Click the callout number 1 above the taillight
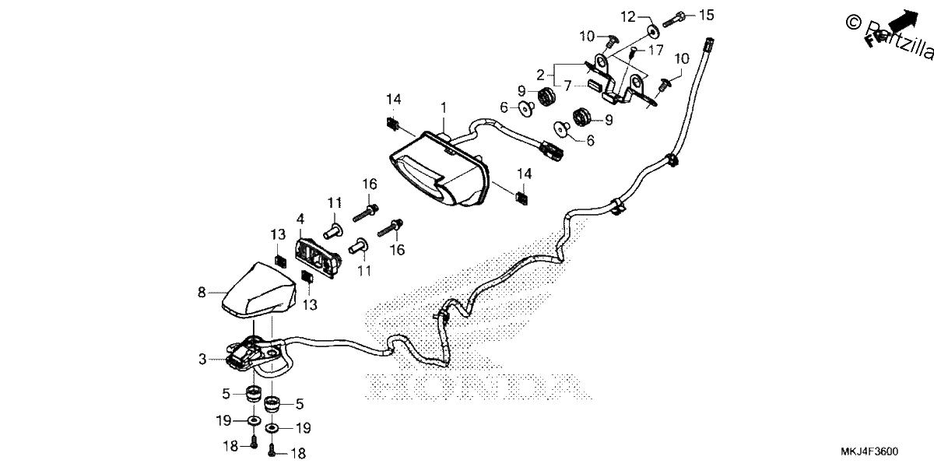tap(444, 108)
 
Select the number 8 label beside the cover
tap(202, 293)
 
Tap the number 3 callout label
tap(202, 359)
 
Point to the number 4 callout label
tap(300, 219)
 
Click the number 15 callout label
tap(706, 16)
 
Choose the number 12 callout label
tap(628, 17)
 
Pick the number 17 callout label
tap(655, 50)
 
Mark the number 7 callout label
tap(568, 86)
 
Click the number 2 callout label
tap(541, 75)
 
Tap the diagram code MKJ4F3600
tap(869, 451)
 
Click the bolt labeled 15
tap(674, 19)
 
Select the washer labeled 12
tap(652, 32)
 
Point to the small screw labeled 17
tap(633, 54)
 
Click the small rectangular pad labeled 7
tap(594, 85)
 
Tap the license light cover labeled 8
tap(258, 290)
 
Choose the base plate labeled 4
tap(318, 258)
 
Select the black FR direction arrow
tap(904, 20)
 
